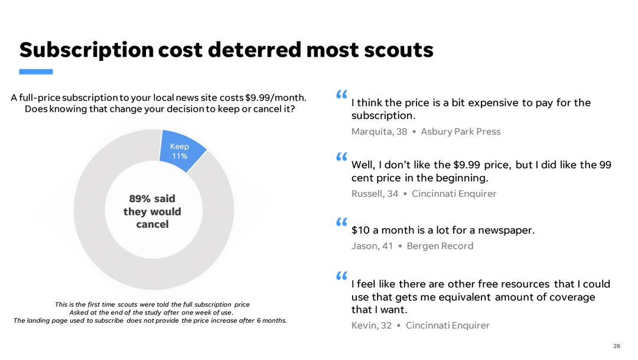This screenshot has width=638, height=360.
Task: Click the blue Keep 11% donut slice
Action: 181,151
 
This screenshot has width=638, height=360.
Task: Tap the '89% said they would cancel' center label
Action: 152,212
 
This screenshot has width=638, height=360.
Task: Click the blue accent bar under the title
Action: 36,72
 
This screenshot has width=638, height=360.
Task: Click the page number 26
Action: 617,346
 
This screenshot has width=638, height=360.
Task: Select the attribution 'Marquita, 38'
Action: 379,131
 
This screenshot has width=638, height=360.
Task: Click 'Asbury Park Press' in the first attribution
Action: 461,131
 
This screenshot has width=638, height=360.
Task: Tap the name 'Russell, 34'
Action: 375,193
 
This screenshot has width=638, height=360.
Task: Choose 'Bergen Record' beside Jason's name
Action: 440,246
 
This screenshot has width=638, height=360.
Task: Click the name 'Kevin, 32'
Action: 372,325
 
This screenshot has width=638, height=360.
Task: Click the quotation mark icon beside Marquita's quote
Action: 341,95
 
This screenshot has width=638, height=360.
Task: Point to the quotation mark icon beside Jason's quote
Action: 341,222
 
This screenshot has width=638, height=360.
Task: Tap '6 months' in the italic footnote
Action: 272,320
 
